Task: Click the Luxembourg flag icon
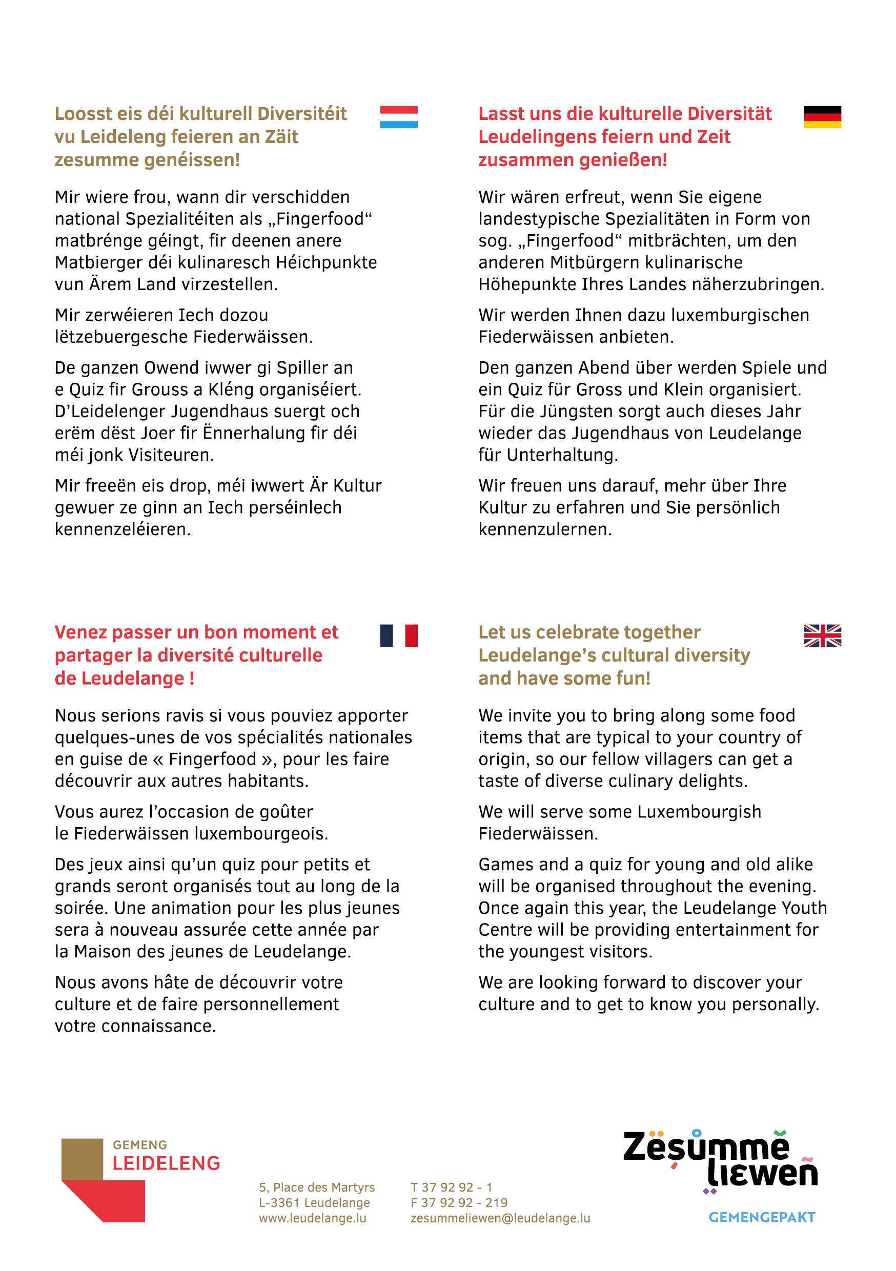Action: pos(399,117)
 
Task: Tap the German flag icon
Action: pos(822,117)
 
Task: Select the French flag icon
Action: pos(399,635)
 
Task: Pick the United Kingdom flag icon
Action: pos(822,635)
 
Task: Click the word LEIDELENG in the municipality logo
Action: pos(166,1163)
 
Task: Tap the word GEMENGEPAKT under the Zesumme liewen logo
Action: pos(762,1217)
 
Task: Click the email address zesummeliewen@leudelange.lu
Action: pos(500,1218)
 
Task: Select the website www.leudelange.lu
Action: pos(312,1218)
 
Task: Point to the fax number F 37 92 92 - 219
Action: pos(459,1203)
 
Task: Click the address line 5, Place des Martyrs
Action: pos(317,1187)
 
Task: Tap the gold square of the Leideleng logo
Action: pos(82,1159)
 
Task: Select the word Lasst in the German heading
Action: pos(501,113)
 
